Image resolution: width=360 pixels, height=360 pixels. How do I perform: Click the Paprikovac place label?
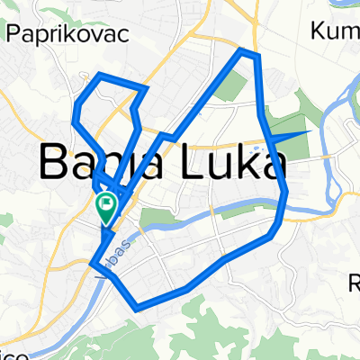pyautogui.click(x=67, y=33)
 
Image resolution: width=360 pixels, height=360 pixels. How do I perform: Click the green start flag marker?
pyautogui.click(x=105, y=210)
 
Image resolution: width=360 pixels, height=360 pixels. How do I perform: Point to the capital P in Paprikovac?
pyautogui.click(x=15, y=33)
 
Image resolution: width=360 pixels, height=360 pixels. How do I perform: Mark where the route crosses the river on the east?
pyautogui.click(x=285, y=202)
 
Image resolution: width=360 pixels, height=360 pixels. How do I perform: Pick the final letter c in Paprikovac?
pyautogui.click(x=121, y=34)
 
